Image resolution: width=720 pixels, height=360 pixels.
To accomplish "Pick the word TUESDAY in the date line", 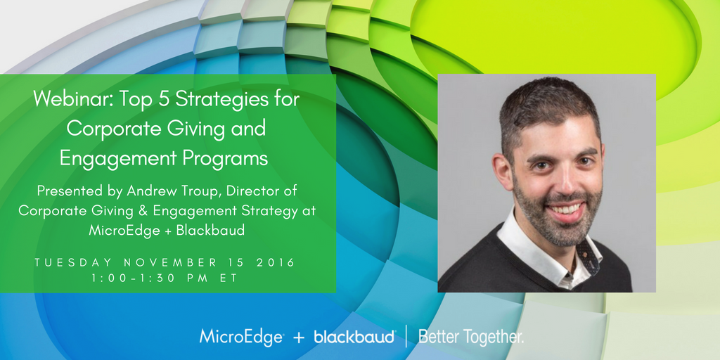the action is coord(72,263).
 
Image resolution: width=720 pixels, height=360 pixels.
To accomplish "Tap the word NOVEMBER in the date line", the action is coord(170,263).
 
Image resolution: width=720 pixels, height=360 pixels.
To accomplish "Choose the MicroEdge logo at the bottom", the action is coord(242,337).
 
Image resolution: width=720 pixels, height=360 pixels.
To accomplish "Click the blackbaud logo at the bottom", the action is coord(354,337).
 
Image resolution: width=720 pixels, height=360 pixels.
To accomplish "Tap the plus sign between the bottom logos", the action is coord(299,338).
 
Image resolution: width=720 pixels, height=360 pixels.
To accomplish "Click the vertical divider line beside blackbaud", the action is coord(406,336).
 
